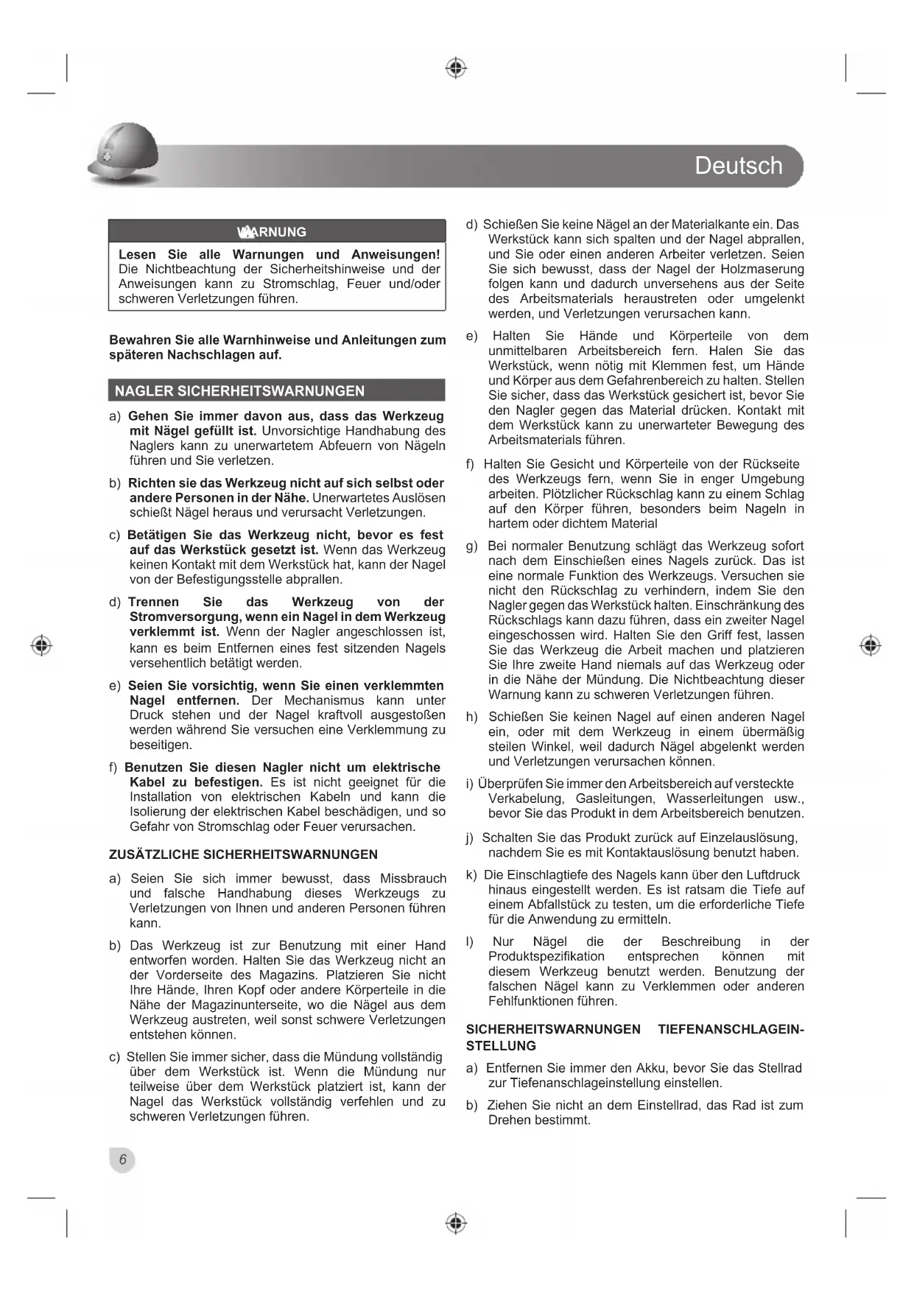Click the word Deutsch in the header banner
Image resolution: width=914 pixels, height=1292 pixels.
738,166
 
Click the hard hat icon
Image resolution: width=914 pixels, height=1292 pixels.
123,154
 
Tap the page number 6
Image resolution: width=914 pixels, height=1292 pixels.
123,1159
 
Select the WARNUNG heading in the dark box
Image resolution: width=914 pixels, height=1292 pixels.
272,232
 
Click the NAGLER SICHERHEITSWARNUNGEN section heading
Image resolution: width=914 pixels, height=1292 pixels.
239,391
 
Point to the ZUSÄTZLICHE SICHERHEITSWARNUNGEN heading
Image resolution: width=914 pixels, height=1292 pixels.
243,854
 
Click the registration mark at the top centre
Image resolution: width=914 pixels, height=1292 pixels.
456,69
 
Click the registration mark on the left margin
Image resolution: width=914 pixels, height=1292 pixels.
42,645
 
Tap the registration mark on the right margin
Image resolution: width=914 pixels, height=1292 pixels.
871,645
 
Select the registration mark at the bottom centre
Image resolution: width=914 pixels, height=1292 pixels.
456,1223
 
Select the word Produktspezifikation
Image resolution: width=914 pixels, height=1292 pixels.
546,957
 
